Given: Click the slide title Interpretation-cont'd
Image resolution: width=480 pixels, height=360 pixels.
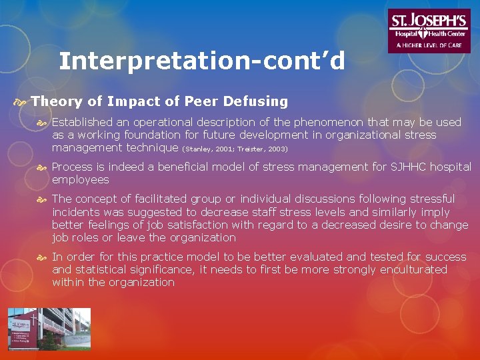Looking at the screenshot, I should click(202, 61).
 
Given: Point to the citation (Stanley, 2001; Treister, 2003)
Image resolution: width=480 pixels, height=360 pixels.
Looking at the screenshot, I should click(235, 149).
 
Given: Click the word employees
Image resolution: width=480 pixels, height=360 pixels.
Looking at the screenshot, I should click(80, 179).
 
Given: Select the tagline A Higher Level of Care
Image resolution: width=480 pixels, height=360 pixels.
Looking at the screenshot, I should click(429, 45).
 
